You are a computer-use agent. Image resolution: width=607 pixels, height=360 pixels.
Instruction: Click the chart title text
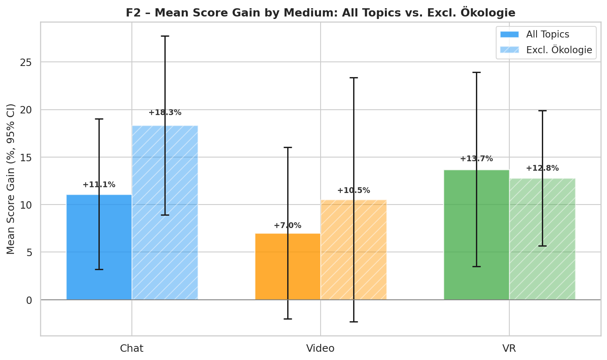pyautogui.click(x=320, y=13)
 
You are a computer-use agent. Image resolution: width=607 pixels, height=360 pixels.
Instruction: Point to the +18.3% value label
pyautogui.click(x=165, y=113)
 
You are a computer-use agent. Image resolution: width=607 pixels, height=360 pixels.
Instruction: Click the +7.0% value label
pyautogui.click(x=288, y=226)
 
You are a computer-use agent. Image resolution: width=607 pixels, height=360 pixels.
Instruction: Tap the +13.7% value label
pyautogui.click(x=476, y=159)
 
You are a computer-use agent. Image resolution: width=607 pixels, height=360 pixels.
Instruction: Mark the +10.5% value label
pyautogui.click(x=354, y=191)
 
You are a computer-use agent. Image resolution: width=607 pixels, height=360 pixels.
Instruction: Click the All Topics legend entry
pyautogui.click(x=548, y=35)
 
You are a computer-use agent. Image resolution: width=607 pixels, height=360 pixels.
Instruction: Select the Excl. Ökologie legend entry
pyautogui.click(x=559, y=50)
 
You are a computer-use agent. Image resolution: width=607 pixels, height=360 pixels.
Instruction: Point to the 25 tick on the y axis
pyautogui.click(x=26, y=62)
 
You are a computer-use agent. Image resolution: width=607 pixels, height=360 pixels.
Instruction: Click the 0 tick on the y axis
pyautogui.click(x=29, y=300)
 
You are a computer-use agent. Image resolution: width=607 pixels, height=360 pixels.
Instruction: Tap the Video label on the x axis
pyautogui.click(x=320, y=348)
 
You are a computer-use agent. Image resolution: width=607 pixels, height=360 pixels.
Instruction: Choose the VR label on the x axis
pyautogui.click(x=509, y=348)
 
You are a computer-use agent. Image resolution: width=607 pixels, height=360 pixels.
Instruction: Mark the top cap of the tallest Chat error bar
pyautogui.click(x=165, y=36)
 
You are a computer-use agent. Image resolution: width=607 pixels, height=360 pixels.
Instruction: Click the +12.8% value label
pyautogui.click(x=542, y=168)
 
